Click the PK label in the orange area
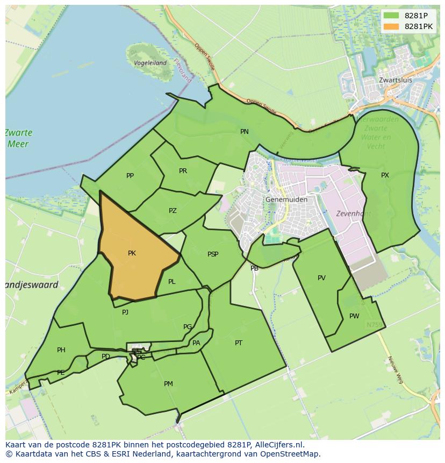[x=132, y=253]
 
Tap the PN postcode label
[x=245, y=132]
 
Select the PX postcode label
[x=385, y=175]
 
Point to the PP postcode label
[x=130, y=176]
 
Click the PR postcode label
[x=183, y=171]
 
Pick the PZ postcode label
[x=173, y=211]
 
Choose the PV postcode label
[x=321, y=278]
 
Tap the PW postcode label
[x=354, y=316]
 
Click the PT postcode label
[x=239, y=343]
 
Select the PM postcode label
[x=168, y=384]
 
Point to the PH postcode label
[x=61, y=350]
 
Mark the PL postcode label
[x=171, y=282]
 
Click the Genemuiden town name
[x=286, y=200]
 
